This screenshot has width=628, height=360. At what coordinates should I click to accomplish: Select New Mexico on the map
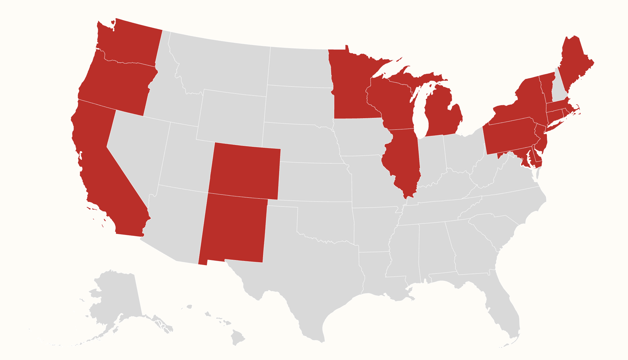[x=233, y=228]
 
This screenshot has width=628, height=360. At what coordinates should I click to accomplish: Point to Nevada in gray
[x=137, y=149]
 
